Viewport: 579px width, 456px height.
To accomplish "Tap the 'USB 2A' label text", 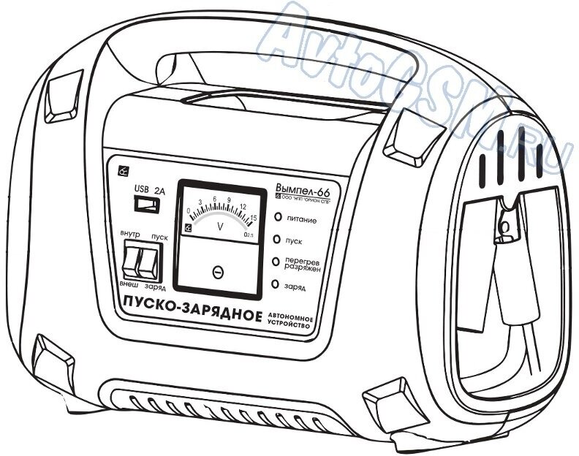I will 149,187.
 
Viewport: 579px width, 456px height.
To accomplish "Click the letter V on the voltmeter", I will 220,227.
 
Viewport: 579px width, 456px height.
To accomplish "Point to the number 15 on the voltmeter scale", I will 253,217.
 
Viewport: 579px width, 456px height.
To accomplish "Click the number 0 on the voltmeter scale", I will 189,211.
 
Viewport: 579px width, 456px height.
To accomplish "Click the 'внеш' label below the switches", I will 127,281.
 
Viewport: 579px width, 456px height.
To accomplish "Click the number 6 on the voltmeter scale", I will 214,199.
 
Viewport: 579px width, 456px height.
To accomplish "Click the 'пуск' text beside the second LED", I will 294,240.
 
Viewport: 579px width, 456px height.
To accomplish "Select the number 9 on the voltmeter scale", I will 230,201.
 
